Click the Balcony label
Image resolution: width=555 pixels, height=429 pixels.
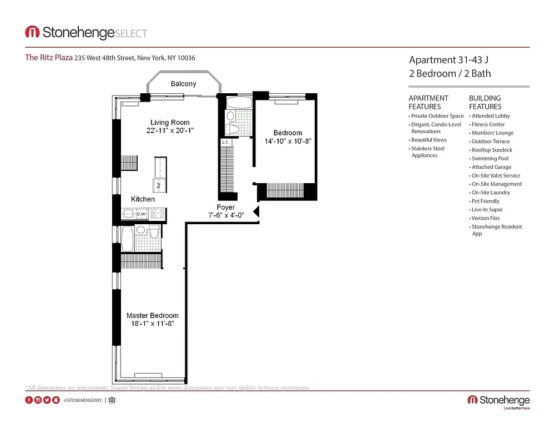pyautogui.click(x=183, y=84)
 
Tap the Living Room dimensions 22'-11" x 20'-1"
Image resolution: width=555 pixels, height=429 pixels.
pyautogui.click(x=170, y=130)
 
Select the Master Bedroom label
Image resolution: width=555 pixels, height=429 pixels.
pyautogui.click(x=153, y=315)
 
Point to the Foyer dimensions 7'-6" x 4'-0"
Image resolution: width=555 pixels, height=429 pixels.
pyautogui.click(x=226, y=215)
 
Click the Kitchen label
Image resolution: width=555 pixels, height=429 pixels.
pyautogui.click(x=143, y=199)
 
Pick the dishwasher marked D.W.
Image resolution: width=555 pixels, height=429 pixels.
pyautogui.click(x=142, y=214)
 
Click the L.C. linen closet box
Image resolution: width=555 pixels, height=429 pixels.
pyautogui.click(x=226, y=142)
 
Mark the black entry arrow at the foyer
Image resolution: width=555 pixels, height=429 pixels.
pyautogui.click(x=256, y=211)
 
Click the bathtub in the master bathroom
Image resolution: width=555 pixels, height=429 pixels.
pyautogui.click(x=128, y=238)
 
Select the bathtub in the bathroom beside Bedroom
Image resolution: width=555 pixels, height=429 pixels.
pyautogui.click(x=239, y=103)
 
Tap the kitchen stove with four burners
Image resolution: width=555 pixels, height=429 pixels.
pyautogui.click(x=158, y=214)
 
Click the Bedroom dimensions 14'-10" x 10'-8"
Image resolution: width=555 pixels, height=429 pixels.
pyautogui.click(x=287, y=141)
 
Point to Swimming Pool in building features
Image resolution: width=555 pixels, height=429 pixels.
pyautogui.click(x=490, y=159)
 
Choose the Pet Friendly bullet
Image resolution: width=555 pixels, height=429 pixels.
pyautogui.click(x=485, y=201)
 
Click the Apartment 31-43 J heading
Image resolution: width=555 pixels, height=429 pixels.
pyautogui.click(x=448, y=60)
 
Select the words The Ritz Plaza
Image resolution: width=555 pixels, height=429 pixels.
pyautogui.click(x=49, y=57)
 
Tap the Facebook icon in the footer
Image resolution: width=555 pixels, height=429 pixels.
pyautogui.click(x=29, y=400)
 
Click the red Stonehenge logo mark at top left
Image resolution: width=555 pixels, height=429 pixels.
pyautogui.click(x=32, y=32)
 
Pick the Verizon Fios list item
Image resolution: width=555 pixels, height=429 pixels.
pyautogui.click(x=486, y=218)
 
